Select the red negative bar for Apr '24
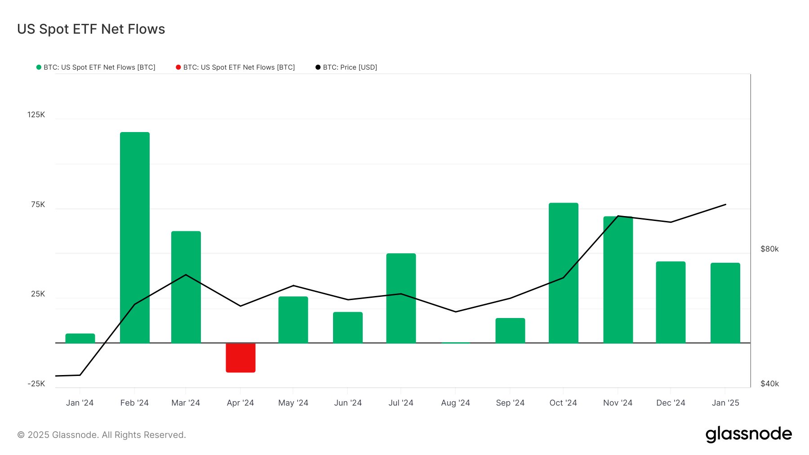240,358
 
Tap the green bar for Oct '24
563,273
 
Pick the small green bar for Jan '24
80,338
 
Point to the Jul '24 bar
401,298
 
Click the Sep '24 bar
510,330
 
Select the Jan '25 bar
725,303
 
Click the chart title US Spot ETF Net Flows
91,29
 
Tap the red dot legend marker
178,67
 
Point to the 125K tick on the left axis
36,115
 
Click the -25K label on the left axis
36,384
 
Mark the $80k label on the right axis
769,249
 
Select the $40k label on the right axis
769,384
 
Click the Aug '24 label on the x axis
455,403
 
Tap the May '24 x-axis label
293,403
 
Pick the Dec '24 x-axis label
671,403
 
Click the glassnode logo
748,434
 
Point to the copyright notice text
102,435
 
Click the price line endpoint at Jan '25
725,204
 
